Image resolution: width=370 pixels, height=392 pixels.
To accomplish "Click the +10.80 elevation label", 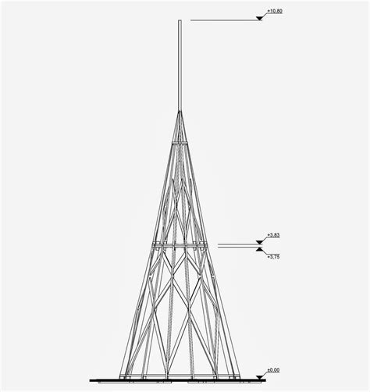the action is click(x=275, y=11).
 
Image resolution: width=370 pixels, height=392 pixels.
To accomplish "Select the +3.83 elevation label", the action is click(x=273, y=235).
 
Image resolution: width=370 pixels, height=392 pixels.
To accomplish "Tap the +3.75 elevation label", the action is click(x=273, y=257).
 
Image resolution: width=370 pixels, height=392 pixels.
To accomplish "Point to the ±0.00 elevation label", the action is click(x=273, y=370).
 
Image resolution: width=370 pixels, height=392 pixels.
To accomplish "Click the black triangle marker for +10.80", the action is click(x=259, y=18).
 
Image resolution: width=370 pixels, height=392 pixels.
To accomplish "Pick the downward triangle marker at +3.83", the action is click(x=259, y=242).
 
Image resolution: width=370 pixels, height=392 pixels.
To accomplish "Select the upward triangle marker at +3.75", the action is click(x=259, y=249).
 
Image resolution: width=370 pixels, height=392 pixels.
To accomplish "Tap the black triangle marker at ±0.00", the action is click(x=259, y=377).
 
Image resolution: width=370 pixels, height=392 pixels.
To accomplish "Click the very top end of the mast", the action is click(x=180, y=20).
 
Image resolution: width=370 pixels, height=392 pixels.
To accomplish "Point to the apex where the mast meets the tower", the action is click(x=180, y=112).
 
